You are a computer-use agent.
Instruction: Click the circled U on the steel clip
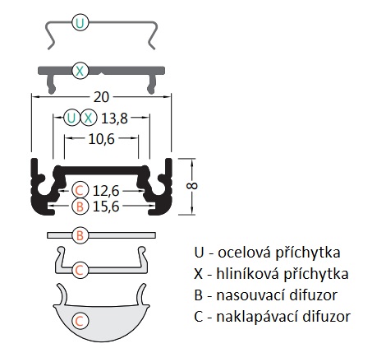pos(80,23)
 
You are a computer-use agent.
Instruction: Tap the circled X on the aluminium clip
pos(80,71)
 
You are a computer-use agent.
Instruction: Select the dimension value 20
pos(101,97)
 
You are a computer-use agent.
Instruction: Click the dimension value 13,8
pos(114,118)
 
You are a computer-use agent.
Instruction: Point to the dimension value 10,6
pos(101,139)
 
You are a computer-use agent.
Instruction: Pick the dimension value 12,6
pos(106,191)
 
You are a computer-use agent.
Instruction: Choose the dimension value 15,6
pos(106,207)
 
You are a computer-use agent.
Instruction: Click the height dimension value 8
pos(191,186)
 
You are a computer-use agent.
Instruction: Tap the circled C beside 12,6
pos(80,190)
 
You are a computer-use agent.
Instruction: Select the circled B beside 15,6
pos(80,207)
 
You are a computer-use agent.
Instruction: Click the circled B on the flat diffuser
pos(80,235)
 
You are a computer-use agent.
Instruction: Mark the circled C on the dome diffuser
pos(80,321)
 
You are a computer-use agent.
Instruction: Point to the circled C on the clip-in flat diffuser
pos(80,270)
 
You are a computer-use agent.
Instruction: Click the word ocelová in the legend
pos(245,253)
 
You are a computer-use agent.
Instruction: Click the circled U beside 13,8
pos(71,118)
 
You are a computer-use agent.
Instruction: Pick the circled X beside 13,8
pos(89,118)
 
